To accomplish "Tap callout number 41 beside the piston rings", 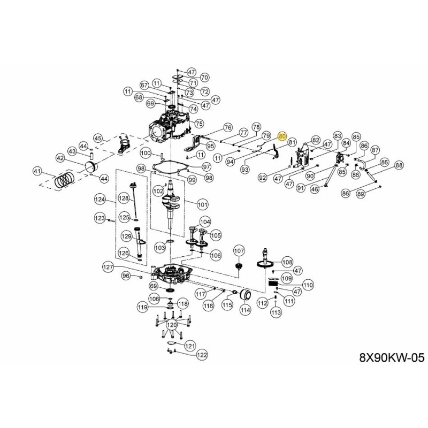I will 37,171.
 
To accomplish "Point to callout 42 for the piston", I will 60,158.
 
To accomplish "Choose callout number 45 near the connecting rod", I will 97,138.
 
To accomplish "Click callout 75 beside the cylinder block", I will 200,124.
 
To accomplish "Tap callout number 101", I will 202,204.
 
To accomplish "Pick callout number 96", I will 126,276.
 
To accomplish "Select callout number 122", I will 201,355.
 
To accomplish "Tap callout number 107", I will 239,250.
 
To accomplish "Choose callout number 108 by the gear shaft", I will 287,262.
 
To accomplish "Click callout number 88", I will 399,166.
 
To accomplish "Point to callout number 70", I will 204,77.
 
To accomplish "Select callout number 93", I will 245,169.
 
